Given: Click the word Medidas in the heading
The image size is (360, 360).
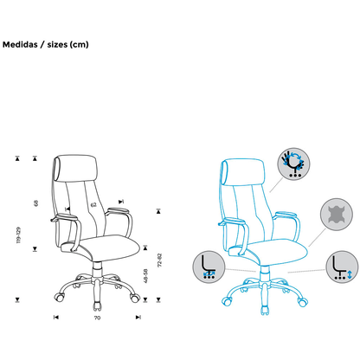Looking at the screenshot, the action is pos(20,45).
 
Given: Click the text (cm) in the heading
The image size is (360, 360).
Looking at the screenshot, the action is pos(79,45).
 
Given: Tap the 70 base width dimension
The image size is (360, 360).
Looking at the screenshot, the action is pos(97,318).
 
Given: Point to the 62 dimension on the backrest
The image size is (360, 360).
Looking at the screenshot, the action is pos(93,205).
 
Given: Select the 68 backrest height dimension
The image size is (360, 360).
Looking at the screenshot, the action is pos(36,203).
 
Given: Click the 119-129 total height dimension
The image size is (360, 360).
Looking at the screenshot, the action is pos(18,235).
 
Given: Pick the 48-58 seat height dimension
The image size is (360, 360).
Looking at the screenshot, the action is pos(145,276).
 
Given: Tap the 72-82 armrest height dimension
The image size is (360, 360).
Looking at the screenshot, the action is pos(160,260).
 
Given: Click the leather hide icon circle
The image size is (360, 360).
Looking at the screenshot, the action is pos(337,215).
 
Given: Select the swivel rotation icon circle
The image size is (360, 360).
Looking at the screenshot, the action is pos(293,164).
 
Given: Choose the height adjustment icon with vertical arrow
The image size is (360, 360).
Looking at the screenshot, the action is pos(342,267).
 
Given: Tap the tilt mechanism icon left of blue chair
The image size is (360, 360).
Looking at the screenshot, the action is pos(209,267).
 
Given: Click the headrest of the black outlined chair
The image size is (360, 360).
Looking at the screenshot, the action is pos(74,168).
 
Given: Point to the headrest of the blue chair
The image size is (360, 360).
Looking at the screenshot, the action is pos(242,172).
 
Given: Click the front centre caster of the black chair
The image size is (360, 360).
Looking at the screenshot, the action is pos(98,306).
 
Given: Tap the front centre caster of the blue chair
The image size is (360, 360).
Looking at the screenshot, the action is pos(265,310).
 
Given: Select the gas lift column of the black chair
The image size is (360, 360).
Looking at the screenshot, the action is pos(98,270).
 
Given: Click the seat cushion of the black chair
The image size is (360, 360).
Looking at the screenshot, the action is pos(101,247).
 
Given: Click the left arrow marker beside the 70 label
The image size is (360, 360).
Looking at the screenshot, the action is pos(56,318).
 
